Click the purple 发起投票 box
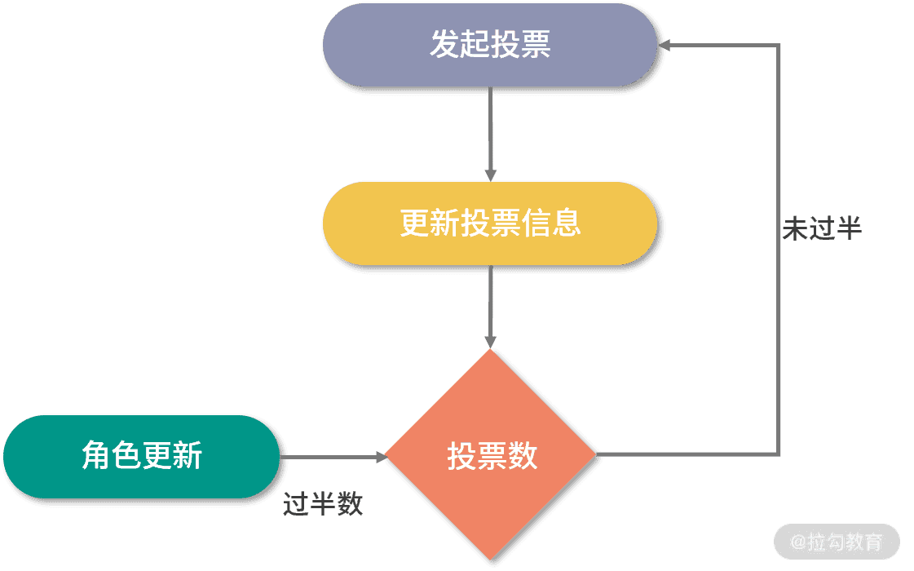click(x=490, y=45)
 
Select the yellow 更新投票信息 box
click(x=490, y=223)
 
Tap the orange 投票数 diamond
click(x=490, y=455)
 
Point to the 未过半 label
click(x=821, y=229)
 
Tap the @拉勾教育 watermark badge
click(x=837, y=542)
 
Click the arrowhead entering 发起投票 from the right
click(x=665, y=45)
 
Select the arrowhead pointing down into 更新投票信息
click(x=490, y=175)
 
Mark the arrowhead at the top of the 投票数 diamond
click(x=490, y=342)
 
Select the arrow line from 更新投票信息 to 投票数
click(x=490, y=302)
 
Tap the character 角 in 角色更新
click(x=96, y=456)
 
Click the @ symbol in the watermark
click(x=799, y=542)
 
